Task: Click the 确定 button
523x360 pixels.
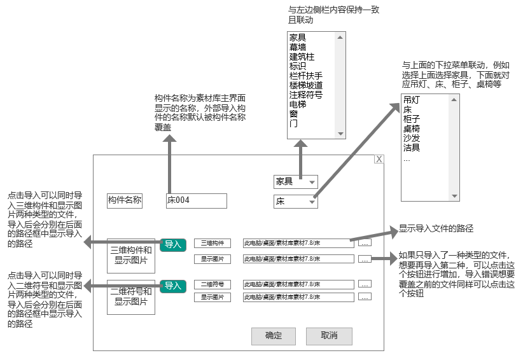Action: (274, 336)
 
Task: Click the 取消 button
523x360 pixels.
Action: (329, 336)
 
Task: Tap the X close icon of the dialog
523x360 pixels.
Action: (379, 159)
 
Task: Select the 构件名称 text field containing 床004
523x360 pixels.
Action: (196, 200)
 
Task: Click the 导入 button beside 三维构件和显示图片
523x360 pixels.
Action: (173, 244)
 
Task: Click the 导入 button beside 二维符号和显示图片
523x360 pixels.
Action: (173, 286)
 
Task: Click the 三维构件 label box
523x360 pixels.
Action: (212, 243)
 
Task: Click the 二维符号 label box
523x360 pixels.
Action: (212, 284)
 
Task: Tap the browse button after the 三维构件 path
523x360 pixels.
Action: (365, 243)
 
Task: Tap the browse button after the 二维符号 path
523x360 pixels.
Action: (365, 284)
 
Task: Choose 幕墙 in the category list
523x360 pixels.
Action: (298, 47)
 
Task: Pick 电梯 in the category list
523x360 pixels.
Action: (298, 104)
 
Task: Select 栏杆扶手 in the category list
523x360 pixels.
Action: (305, 76)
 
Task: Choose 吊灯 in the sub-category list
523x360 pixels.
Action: (412, 100)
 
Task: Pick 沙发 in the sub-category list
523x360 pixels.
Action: (412, 138)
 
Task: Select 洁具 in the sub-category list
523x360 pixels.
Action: (412, 148)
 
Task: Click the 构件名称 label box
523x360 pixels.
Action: (125, 200)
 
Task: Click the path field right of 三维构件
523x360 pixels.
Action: (298, 243)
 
